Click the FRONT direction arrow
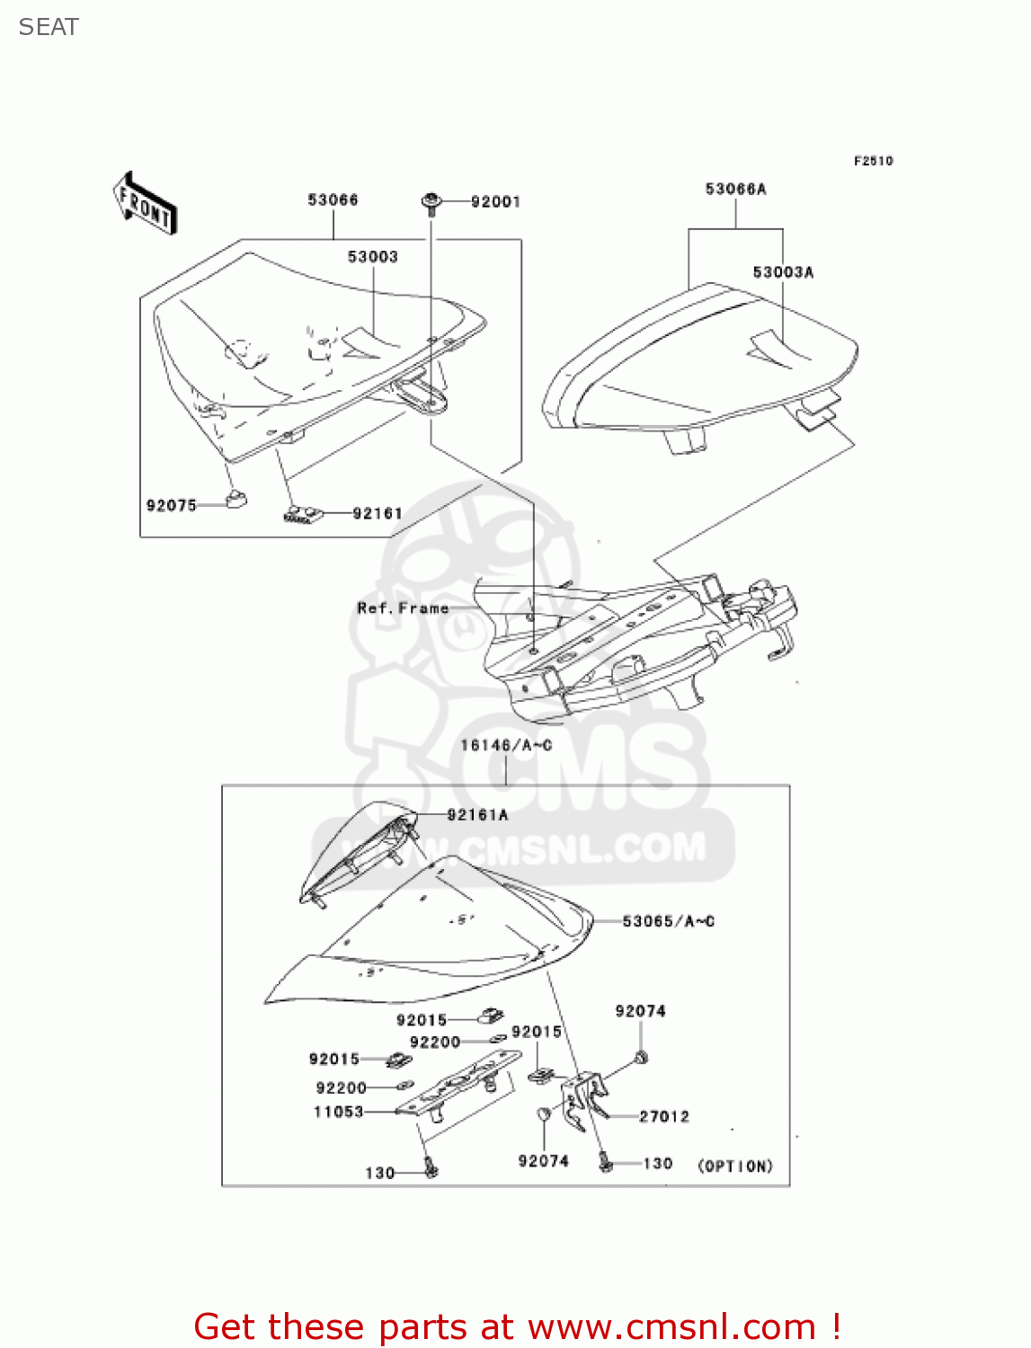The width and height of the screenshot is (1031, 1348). pos(144,204)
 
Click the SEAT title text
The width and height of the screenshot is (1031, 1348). pos(49,27)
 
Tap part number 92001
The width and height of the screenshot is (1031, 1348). pos(495,202)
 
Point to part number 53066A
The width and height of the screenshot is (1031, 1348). pos(735,189)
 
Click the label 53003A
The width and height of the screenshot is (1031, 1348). pos(783,272)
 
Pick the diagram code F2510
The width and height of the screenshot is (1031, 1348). pos(873,161)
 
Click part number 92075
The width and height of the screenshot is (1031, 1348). pos(171,505)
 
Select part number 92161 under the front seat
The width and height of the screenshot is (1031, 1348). pos(378,513)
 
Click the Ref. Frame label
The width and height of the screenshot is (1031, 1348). pos(403,608)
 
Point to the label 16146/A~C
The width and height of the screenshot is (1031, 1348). pos(505,745)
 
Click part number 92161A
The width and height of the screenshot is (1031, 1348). pos(477,815)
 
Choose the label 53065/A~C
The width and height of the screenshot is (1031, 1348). pos(668,921)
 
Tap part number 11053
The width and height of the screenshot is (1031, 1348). pos(338,1112)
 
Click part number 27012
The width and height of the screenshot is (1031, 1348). pos(664,1116)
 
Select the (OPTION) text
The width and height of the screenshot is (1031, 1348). pos(735,1166)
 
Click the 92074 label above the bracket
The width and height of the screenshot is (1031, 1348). pos(640,1011)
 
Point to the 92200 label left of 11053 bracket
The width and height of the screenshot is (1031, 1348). pos(341,1087)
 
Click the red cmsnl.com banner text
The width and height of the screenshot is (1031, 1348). pos(517,1326)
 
